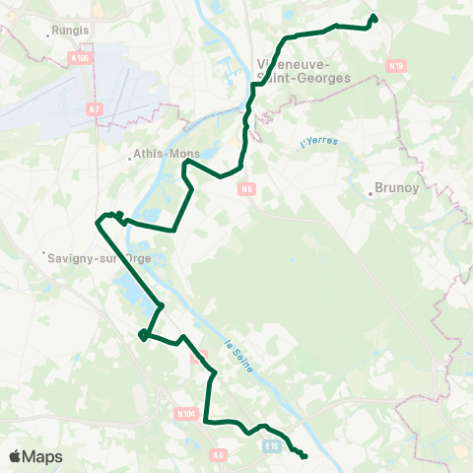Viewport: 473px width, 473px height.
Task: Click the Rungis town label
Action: tap(71, 30)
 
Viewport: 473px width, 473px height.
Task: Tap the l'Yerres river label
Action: tap(319, 144)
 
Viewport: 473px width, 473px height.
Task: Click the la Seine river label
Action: tap(238, 356)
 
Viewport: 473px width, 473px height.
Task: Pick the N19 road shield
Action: tap(396, 66)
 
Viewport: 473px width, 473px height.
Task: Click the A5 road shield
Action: tap(219, 454)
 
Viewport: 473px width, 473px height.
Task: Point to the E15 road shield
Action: tap(274, 445)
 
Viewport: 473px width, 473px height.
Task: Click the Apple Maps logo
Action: tap(35, 456)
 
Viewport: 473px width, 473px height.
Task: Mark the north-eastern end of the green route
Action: tap(373, 17)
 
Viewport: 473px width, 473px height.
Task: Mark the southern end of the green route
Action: tap(304, 455)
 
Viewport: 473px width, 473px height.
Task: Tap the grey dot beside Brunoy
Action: tap(372, 194)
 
